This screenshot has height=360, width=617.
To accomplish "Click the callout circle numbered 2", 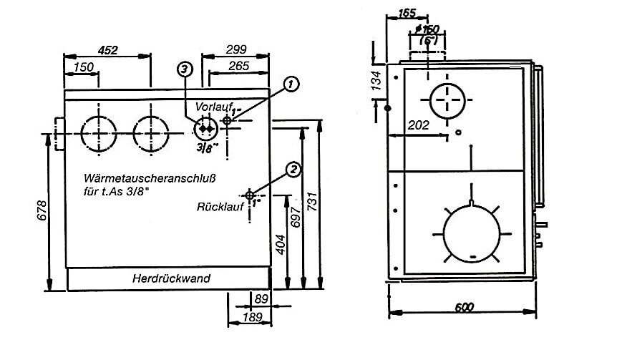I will [293, 170].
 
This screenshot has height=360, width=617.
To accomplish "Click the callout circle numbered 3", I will [185, 69].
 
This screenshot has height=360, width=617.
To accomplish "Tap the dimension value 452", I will [107, 49].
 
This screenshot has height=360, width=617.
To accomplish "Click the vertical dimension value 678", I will [42, 210].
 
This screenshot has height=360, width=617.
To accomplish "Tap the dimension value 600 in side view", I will [464, 307].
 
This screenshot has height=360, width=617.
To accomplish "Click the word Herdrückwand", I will [171, 279].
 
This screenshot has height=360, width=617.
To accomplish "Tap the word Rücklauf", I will [218, 206].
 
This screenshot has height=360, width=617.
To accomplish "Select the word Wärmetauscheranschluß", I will [150, 177].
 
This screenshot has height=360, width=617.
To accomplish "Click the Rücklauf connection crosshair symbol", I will [250, 195].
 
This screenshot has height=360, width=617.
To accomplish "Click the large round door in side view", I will [473, 233].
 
